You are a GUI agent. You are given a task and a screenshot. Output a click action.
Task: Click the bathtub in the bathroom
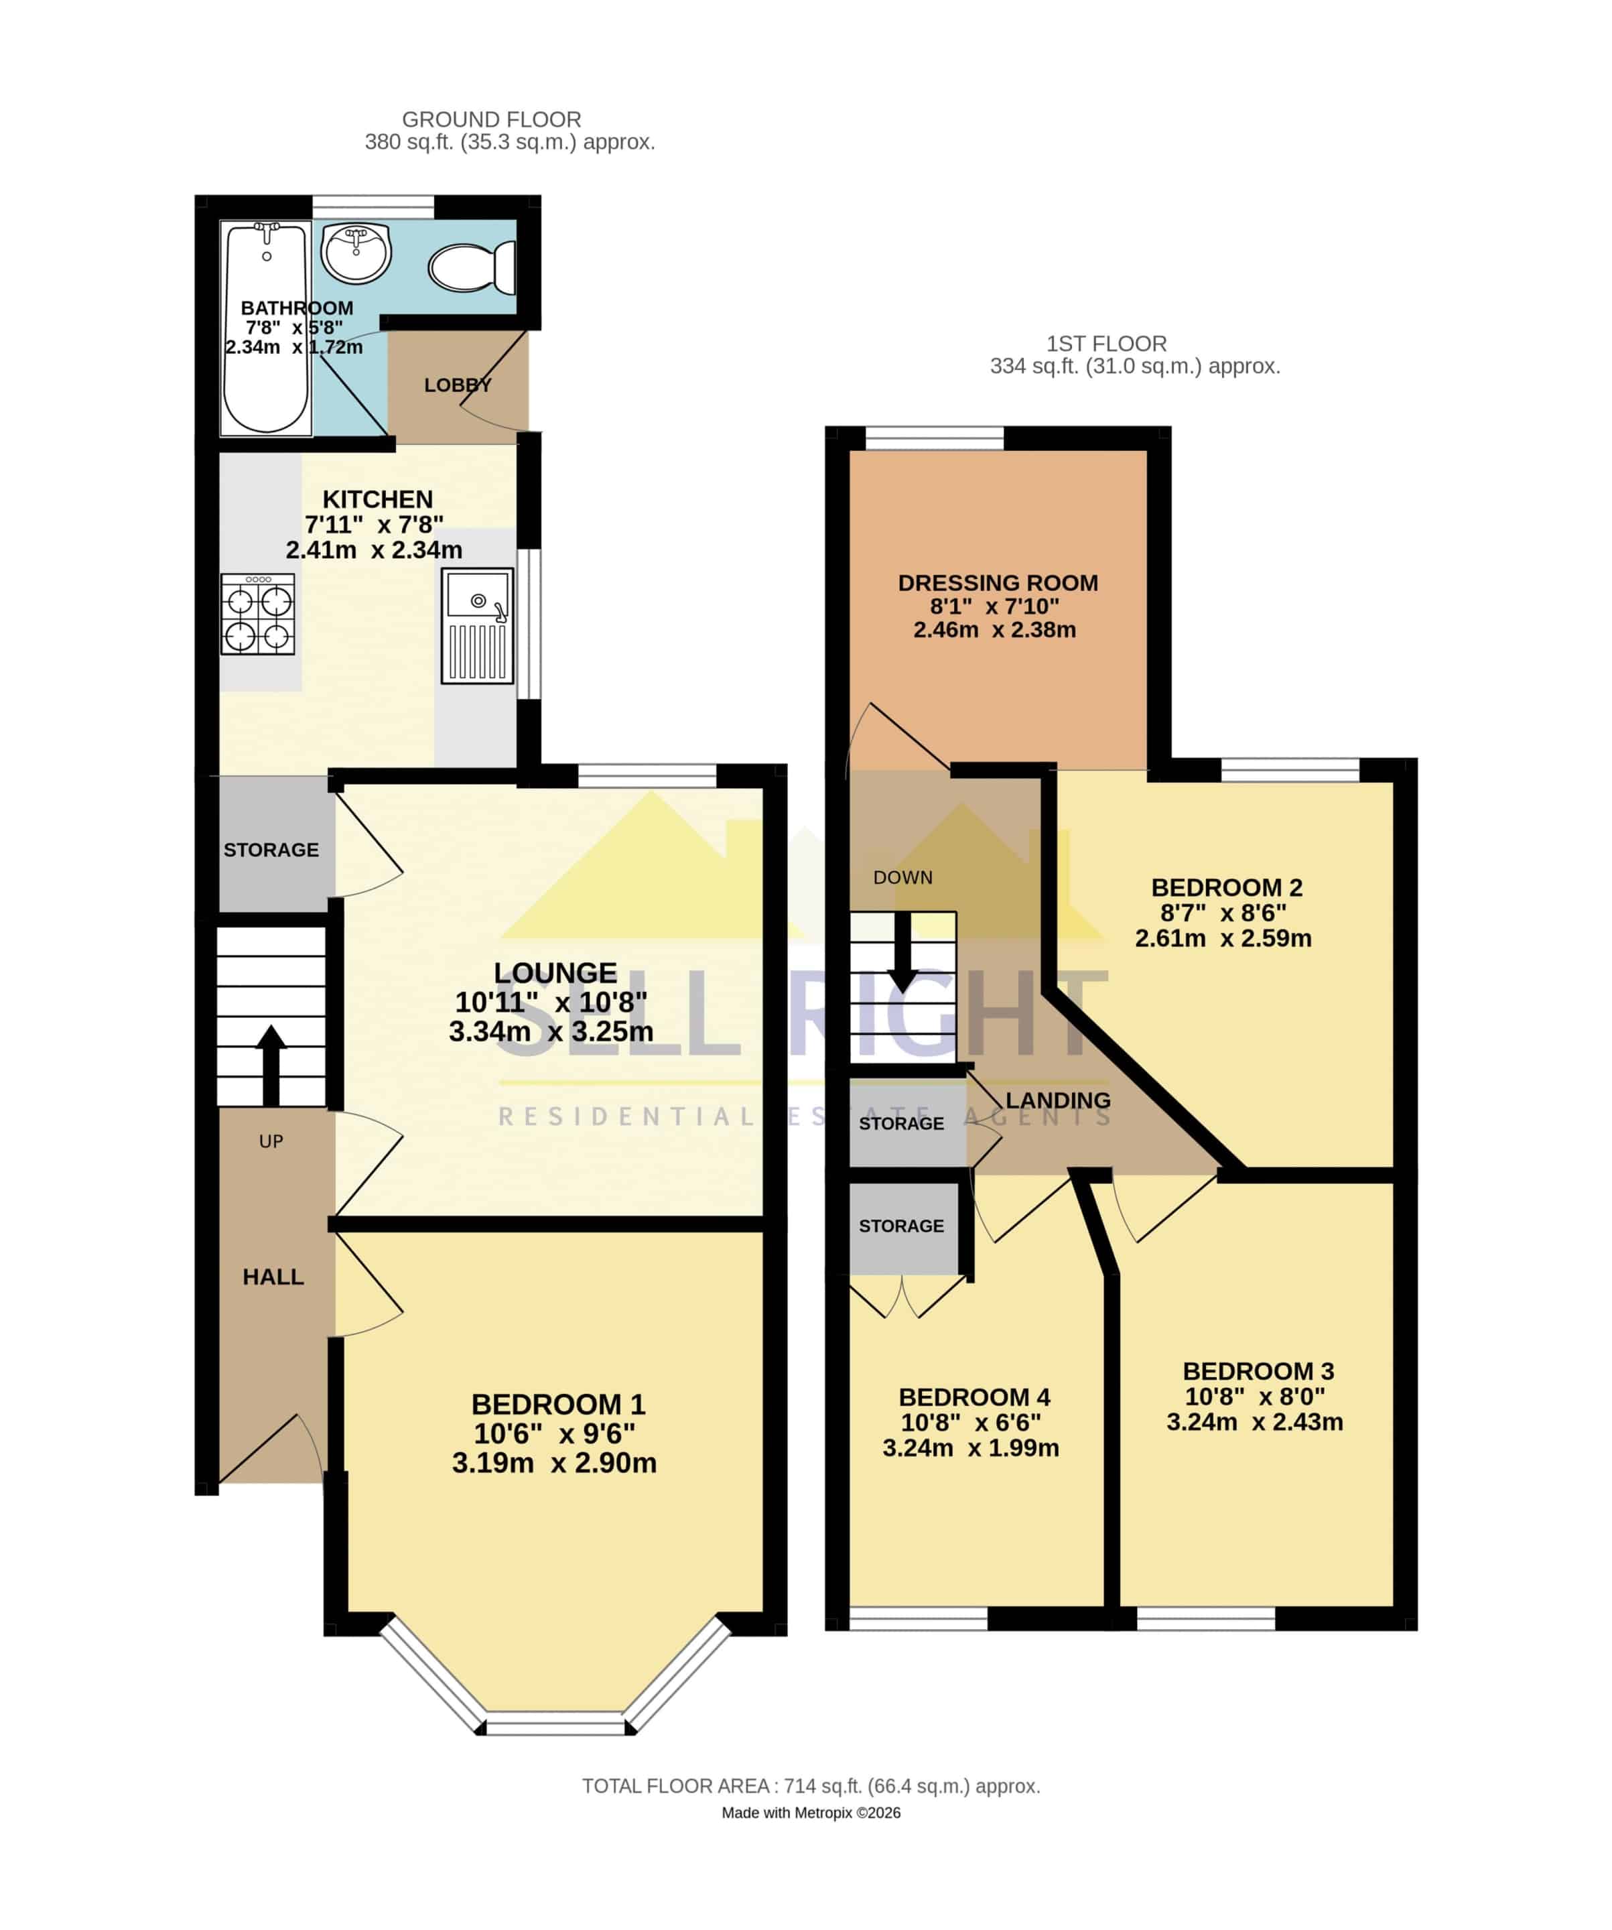click(267, 328)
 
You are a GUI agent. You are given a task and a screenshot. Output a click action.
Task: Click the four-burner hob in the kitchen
click(258, 614)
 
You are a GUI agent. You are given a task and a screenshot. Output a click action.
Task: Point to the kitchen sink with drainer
click(477, 625)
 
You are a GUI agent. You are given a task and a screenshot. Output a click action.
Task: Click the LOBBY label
click(458, 385)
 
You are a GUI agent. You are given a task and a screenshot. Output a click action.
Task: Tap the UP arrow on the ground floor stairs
click(271, 1064)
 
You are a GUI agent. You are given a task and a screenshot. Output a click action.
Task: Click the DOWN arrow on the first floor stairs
click(902, 952)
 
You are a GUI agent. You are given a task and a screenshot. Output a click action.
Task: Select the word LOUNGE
click(555, 972)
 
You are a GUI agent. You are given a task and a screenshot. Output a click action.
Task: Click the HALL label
click(273, 1277)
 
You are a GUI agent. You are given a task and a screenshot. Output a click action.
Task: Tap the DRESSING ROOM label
click(998, 582)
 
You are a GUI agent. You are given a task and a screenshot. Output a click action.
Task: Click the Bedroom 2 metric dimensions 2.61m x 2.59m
click(1223, 938)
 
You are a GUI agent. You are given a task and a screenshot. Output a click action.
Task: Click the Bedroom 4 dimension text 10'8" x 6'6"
click(971, 1423)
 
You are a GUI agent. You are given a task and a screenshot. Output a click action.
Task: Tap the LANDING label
click(1058, 1100)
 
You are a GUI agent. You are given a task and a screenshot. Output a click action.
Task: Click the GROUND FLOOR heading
click(492, 119)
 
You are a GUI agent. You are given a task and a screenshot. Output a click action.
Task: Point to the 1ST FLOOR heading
click(1107, 344)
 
